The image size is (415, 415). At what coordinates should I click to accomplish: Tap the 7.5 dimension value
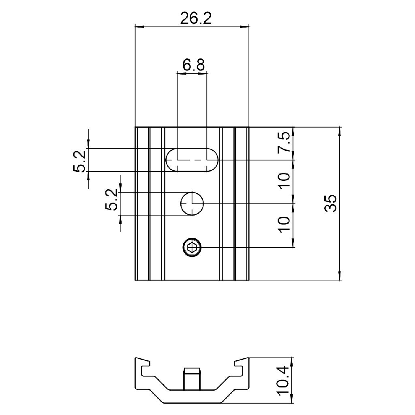(x=285, y=142)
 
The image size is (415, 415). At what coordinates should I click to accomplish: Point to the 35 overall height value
(x=331, y=203)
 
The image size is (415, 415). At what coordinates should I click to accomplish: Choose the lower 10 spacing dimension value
(x=285, y=225)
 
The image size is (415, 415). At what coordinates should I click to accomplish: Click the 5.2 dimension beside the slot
(x=80, y=161)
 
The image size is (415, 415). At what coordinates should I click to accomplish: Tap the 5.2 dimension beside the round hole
(x=112, y=200)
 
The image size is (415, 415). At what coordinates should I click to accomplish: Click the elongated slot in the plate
(x=192, y=160)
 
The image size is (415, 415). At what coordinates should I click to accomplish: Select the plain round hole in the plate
(x=192, y=203)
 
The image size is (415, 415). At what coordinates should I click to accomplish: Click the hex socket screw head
(x=192, y=247)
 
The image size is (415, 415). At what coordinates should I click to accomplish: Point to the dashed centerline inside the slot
(x=192, y=160)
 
